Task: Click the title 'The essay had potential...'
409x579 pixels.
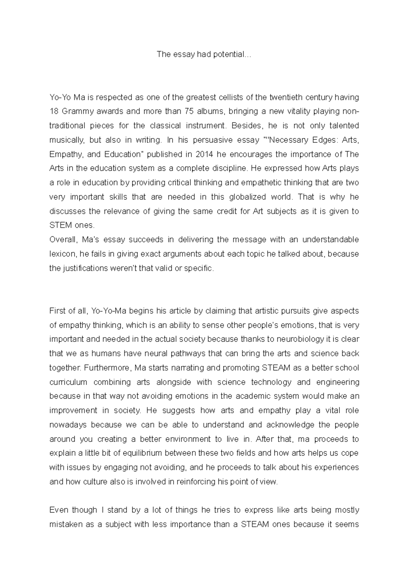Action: click(x=203, y=55)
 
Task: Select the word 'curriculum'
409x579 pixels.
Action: click(x=68, y=382)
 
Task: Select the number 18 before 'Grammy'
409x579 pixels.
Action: click(x=54, y=112)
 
